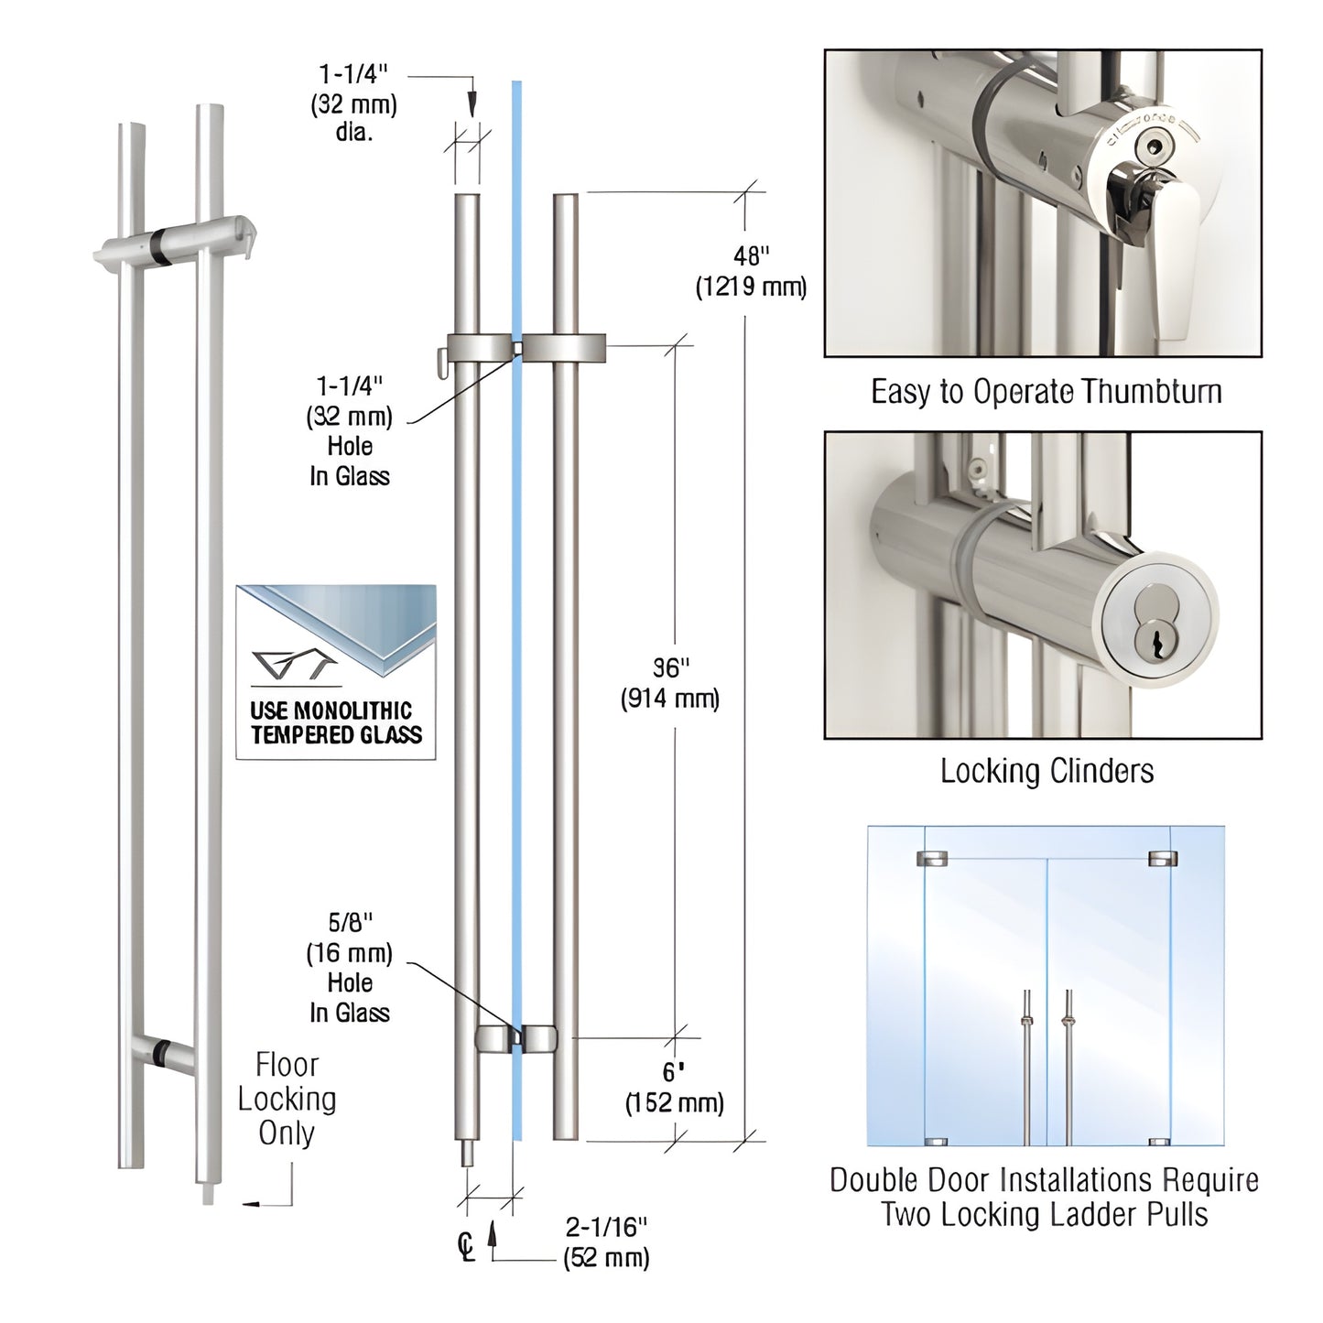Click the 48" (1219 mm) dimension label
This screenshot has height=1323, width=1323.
click(750, 271)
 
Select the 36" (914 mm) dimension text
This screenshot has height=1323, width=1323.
click(671, 683)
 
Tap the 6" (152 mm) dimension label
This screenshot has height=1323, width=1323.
click(674, 1087)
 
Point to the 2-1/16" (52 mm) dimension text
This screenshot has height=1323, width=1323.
click(606, 1241)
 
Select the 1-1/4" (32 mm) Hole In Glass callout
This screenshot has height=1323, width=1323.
click(349, 431)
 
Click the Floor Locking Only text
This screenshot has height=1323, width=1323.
click(287, 1099)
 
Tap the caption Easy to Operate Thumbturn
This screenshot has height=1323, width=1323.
click(1046, 392)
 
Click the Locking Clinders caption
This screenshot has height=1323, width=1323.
click(1046, 771)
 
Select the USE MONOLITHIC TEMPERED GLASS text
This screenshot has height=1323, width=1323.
click(336, 722)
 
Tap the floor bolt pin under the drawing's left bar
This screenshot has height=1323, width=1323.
click(467, 1153)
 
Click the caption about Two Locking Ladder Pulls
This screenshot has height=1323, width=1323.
click(1044, 1197)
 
